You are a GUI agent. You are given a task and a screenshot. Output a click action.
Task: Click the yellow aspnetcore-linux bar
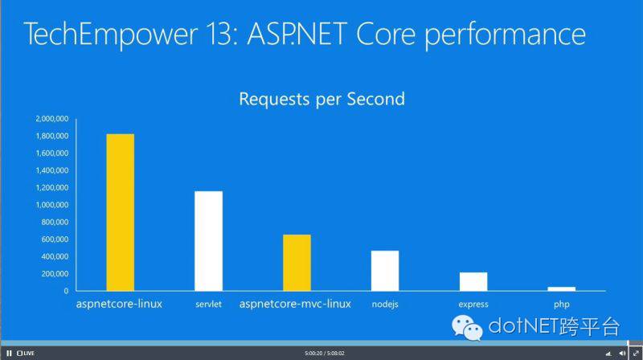tap(120, 212)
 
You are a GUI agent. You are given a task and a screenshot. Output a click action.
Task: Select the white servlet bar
tap(208, 241)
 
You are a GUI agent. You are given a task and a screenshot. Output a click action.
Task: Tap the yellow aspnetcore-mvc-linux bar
tap(297, 263)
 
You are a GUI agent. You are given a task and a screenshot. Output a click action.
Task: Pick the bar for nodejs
tap(385, 271)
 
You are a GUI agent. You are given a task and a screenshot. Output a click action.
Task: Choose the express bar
tap(473, 282)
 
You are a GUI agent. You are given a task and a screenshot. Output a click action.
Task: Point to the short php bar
tap(561, 289)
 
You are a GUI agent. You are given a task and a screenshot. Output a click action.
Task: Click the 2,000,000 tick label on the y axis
tap(52, 119)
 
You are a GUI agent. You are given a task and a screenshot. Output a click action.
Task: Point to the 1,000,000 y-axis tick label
tap(52, 205)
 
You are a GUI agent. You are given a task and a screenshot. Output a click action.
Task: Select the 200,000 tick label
tap(55, 274)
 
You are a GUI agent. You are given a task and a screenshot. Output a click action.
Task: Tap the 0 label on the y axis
tap(66, 291)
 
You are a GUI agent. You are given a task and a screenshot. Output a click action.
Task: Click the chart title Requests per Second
tap(322, 99)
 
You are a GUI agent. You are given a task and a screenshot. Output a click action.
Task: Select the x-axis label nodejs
tap(385, 305)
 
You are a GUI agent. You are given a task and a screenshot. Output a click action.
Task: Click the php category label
tap(561, 305)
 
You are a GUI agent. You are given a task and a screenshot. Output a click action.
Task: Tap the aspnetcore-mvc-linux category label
tap(295, 304)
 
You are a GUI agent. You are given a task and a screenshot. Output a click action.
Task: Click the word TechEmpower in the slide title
tap(111, 35)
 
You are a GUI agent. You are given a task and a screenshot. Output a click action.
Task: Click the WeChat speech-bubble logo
tap(467, 328)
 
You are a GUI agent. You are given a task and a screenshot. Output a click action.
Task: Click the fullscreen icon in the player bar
tap(636, 353)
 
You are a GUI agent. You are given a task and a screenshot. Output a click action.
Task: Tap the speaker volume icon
tap(622, 353)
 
